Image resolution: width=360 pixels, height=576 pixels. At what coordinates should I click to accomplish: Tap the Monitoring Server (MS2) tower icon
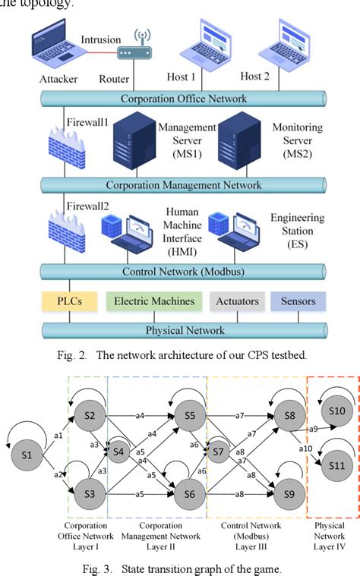(241, 143)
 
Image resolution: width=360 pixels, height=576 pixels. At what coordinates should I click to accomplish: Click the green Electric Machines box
(154, 301)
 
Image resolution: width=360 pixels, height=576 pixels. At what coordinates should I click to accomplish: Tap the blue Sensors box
(298, 301)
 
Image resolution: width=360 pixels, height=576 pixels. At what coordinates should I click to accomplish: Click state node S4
(118, 454)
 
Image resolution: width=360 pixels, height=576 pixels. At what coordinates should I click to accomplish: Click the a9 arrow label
(312, 430)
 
